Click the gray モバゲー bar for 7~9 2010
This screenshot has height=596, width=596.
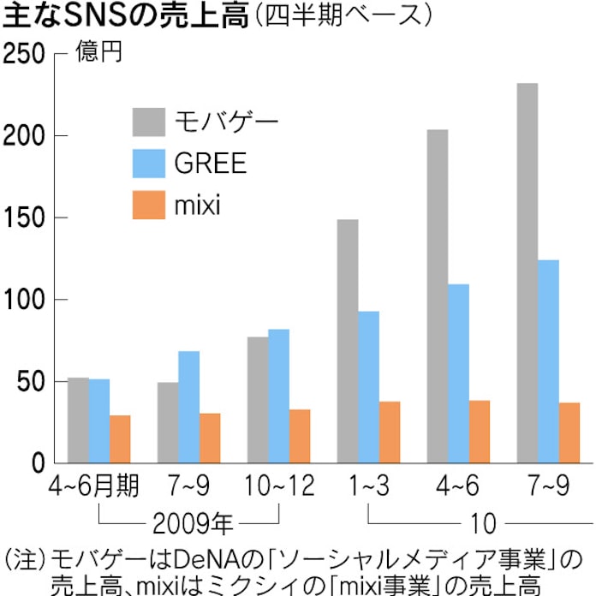[527, 273]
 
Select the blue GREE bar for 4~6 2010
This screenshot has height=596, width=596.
[459, 373]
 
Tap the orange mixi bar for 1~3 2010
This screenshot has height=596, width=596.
[389, 432]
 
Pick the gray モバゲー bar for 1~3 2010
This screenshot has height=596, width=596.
[348, 342]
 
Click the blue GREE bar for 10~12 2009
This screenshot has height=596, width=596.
[278, 396]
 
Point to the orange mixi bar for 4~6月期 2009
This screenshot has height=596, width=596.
[120, 439]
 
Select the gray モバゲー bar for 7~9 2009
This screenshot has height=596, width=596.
[168, 423]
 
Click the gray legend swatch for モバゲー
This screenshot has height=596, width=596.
[148, 122]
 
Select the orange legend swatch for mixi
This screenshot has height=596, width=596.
[148, 206]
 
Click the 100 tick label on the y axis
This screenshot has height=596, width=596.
[22, 301]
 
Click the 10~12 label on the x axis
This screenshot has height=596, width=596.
[277, 487]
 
